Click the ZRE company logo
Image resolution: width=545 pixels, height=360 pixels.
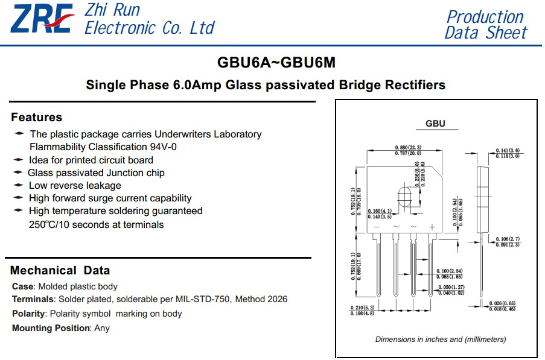click(42, 19)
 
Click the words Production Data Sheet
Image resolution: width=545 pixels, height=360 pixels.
click(486, 25)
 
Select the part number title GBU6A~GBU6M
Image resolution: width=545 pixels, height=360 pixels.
click(276, 63)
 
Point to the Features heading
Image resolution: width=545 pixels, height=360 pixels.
click(36, 117)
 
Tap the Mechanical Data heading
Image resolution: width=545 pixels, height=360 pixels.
click(60, 270)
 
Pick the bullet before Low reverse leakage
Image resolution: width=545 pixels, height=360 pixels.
click(19, 185)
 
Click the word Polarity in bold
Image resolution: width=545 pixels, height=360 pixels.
click(28, 314)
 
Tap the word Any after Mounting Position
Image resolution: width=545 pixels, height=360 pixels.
click(102, 328)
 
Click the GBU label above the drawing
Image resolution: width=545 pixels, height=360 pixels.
click(435, 124)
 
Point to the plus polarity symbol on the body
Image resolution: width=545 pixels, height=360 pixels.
click(432, 227)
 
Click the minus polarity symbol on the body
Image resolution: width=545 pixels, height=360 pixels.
click(377, 227)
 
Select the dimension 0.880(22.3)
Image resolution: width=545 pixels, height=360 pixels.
click(408, 148)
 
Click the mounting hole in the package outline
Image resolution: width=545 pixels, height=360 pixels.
click(404, 197)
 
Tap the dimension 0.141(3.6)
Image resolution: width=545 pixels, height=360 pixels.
click(508, 150)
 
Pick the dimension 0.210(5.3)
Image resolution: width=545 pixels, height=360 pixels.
click(362, 308)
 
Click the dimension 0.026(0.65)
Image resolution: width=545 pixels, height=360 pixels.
click(502, 303)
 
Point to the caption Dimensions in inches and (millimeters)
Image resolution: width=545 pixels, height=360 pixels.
click(441, 339)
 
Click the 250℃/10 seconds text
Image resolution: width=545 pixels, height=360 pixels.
click(96, 224)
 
